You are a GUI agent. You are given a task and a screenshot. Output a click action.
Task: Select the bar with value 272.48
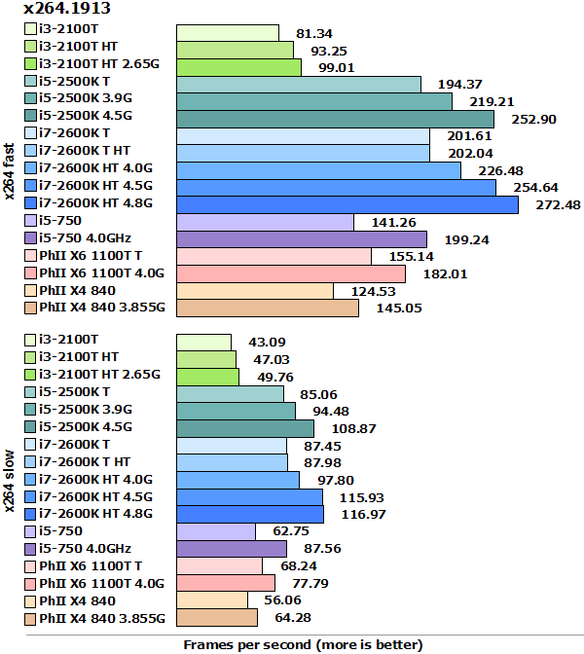coord(347,204)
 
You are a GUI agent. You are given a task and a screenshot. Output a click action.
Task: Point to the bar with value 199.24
coord(302,238)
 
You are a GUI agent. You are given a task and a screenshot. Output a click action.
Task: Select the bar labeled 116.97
coord(250,513)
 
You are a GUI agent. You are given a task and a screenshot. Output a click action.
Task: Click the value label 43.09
coord(264,342)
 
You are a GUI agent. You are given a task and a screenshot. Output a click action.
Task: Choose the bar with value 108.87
coord(245,428)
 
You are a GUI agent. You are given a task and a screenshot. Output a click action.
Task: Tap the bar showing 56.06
coord(212,599)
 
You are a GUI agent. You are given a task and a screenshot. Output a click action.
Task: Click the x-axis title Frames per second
coord(303,644)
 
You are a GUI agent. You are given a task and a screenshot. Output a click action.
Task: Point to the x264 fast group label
coord(10,171)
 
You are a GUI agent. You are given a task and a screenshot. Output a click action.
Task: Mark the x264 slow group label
coord(10,480)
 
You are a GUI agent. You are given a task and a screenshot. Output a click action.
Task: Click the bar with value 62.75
coord(216,531)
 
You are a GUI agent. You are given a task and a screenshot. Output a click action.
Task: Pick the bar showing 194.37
coord(299,85)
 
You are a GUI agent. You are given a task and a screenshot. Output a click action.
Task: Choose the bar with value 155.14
coord(274,256)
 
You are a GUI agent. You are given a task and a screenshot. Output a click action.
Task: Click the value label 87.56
coord(320,549)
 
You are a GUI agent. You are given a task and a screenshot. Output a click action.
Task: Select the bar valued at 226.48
coord(318,170)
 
